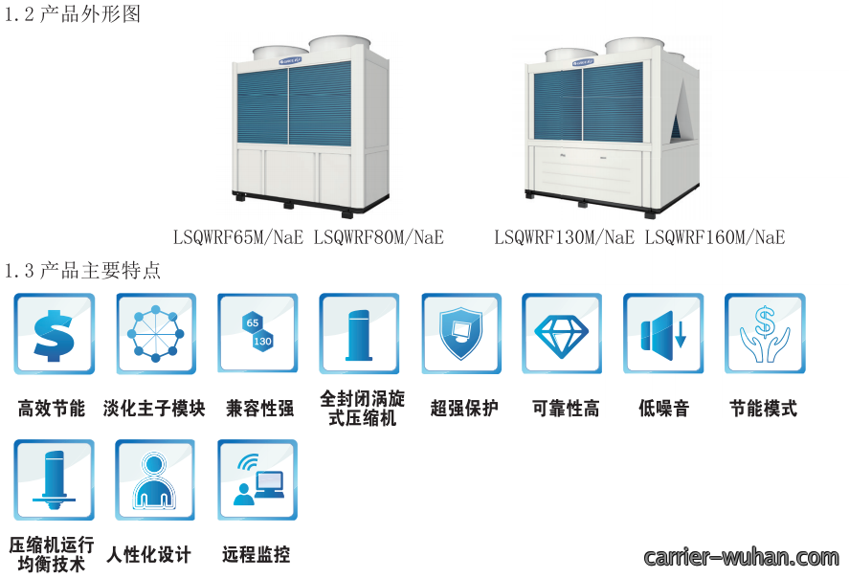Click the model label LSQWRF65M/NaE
(x=238, y=237)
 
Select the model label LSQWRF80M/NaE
(x=379, y=237)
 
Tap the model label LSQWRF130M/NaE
(x=564, y=237)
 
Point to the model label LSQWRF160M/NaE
(x=715, y=237)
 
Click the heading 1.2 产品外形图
(x=72, y=13)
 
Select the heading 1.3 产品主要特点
(x=82, y=270)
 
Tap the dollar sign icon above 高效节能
(x=54, y=334)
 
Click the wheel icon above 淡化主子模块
(x=156, y=334)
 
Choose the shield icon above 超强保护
(x=461, y=334)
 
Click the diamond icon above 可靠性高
(x=562, y=334)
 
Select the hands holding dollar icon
(x=765, y=334)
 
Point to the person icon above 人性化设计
(x=155, y=480)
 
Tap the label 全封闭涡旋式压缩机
(x=362, y=408)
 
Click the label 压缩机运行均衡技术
(x=52, y=554)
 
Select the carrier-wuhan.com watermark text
(x=741, y=557)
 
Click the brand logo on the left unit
(x=290, y=60)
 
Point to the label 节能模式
(x=764, y=408)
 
